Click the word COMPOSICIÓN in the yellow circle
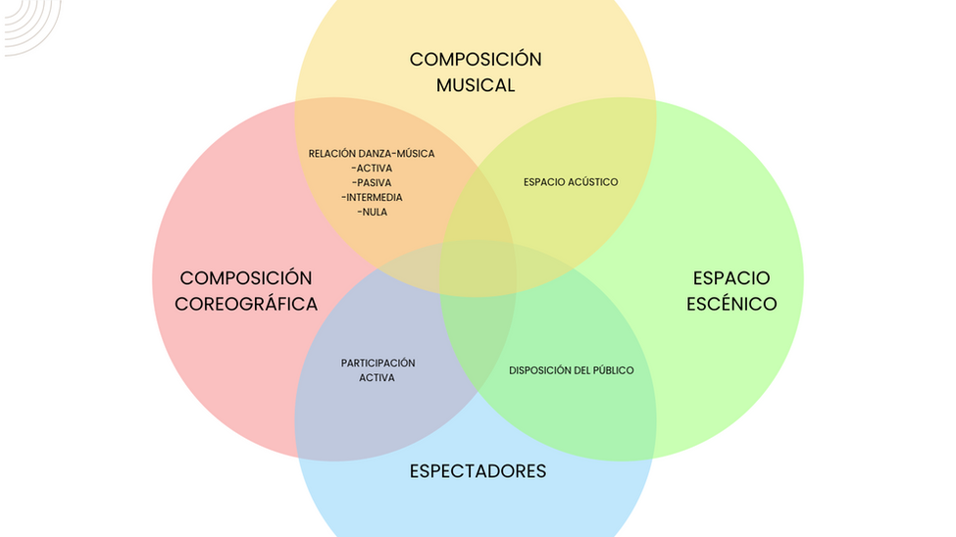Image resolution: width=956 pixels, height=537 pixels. (476, 59)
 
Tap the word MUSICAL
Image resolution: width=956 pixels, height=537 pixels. (476, 85)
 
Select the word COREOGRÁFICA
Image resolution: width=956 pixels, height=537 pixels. (246, 304)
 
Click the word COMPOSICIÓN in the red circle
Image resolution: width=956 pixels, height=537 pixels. (246, 278)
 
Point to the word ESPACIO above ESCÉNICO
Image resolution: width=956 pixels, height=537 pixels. (731, 278)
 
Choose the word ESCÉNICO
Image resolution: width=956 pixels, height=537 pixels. (731, 304)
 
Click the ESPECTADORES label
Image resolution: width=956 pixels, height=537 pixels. (478, 471)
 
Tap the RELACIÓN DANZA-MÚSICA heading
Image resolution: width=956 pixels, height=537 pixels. (372, 154)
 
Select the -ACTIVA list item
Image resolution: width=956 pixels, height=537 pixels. (372, 169)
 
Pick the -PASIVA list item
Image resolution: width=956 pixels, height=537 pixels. (372, 183)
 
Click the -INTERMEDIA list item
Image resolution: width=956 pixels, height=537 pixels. (372, 197)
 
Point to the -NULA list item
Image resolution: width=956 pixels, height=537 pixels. (372, 212)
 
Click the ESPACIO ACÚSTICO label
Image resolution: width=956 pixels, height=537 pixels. (571, 182)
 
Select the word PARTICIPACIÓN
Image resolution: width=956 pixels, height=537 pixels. (378, 364)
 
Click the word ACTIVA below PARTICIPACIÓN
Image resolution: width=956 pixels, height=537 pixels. (377, 378)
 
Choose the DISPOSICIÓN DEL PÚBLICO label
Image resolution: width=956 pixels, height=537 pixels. (572, 370)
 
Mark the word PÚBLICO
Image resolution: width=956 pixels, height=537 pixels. (612, 370)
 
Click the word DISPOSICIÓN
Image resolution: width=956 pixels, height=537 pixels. (539, 370)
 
